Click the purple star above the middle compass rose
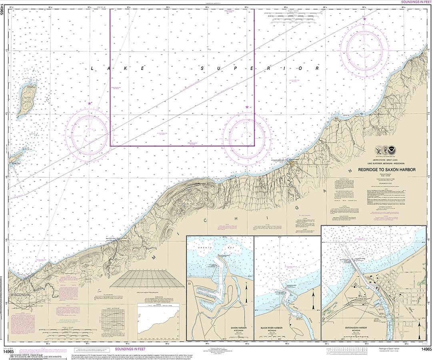click(x=247, y=107)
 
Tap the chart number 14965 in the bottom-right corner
click(x=424, y=350)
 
